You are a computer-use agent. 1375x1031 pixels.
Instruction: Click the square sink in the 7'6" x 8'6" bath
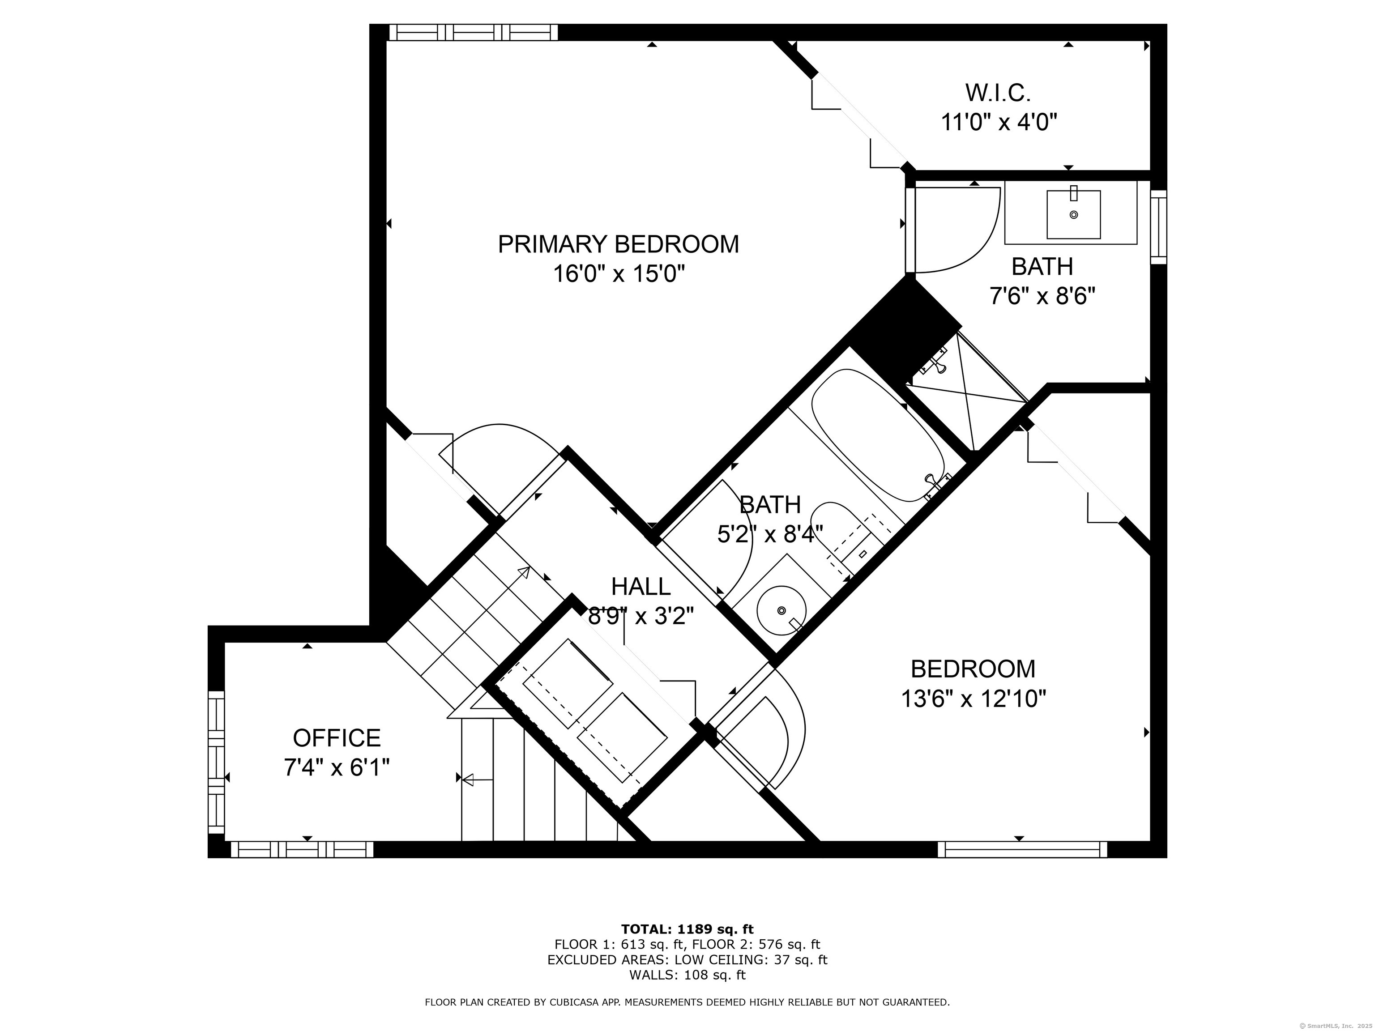(1073, 214)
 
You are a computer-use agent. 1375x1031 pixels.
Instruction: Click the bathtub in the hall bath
(878, 435)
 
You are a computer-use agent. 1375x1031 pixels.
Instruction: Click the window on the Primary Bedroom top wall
(473, 32)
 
